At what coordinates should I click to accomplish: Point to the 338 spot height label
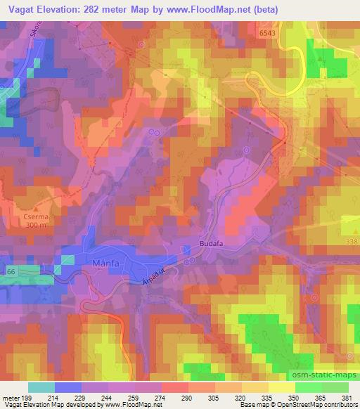(x=352, y=242)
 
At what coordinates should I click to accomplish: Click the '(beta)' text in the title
(x=262, y=10)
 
